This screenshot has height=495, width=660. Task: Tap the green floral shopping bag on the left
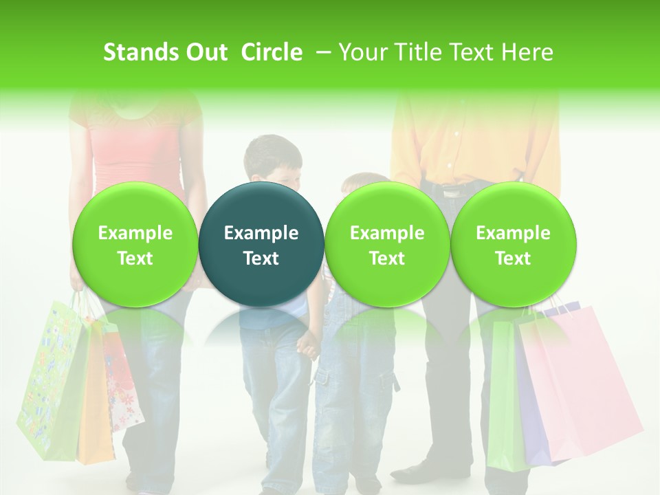52,385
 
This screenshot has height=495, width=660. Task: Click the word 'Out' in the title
207,52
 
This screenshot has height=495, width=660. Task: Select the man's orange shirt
474,137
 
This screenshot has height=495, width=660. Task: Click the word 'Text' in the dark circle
261,258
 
